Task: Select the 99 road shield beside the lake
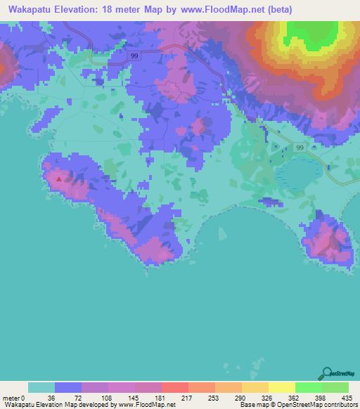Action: [300, 148]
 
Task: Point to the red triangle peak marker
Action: [59, 178]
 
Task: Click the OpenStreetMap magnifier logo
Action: [328, 373]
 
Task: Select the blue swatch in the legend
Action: [68, 387]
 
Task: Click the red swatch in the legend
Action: [174, 387]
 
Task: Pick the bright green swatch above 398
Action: [308, 387]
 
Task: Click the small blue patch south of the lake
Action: [271, 202]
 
